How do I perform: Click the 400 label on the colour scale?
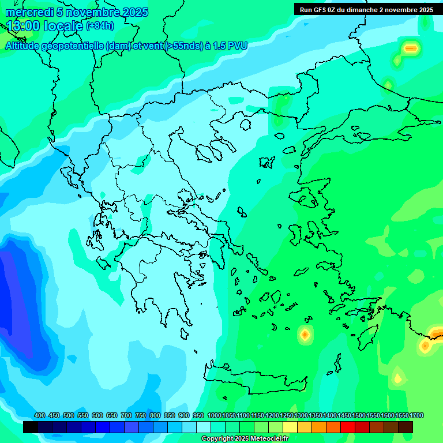tap(40, 416)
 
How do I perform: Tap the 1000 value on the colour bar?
tap(214, 416)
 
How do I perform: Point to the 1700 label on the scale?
tap(416, 416)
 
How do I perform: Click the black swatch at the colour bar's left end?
tap(31, 427)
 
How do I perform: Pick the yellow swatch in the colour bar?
tap(290, 427)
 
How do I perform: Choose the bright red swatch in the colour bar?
tap(348, 427)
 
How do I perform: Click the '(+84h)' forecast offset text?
tap(100, 26)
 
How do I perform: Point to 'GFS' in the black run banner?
tap(320, 10)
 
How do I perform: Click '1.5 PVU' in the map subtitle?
tap(230, 46)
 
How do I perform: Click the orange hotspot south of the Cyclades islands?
tap(305, 334)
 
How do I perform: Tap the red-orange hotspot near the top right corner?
tap(411, 49)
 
